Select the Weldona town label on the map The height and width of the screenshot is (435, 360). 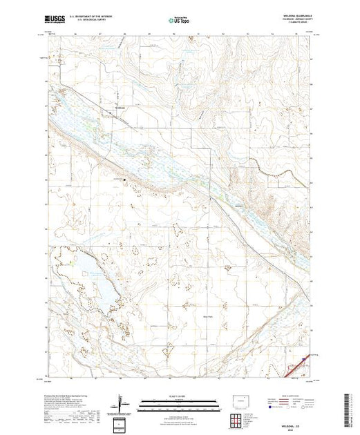tap(122, 107)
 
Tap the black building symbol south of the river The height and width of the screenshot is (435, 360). tap(125, 181)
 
